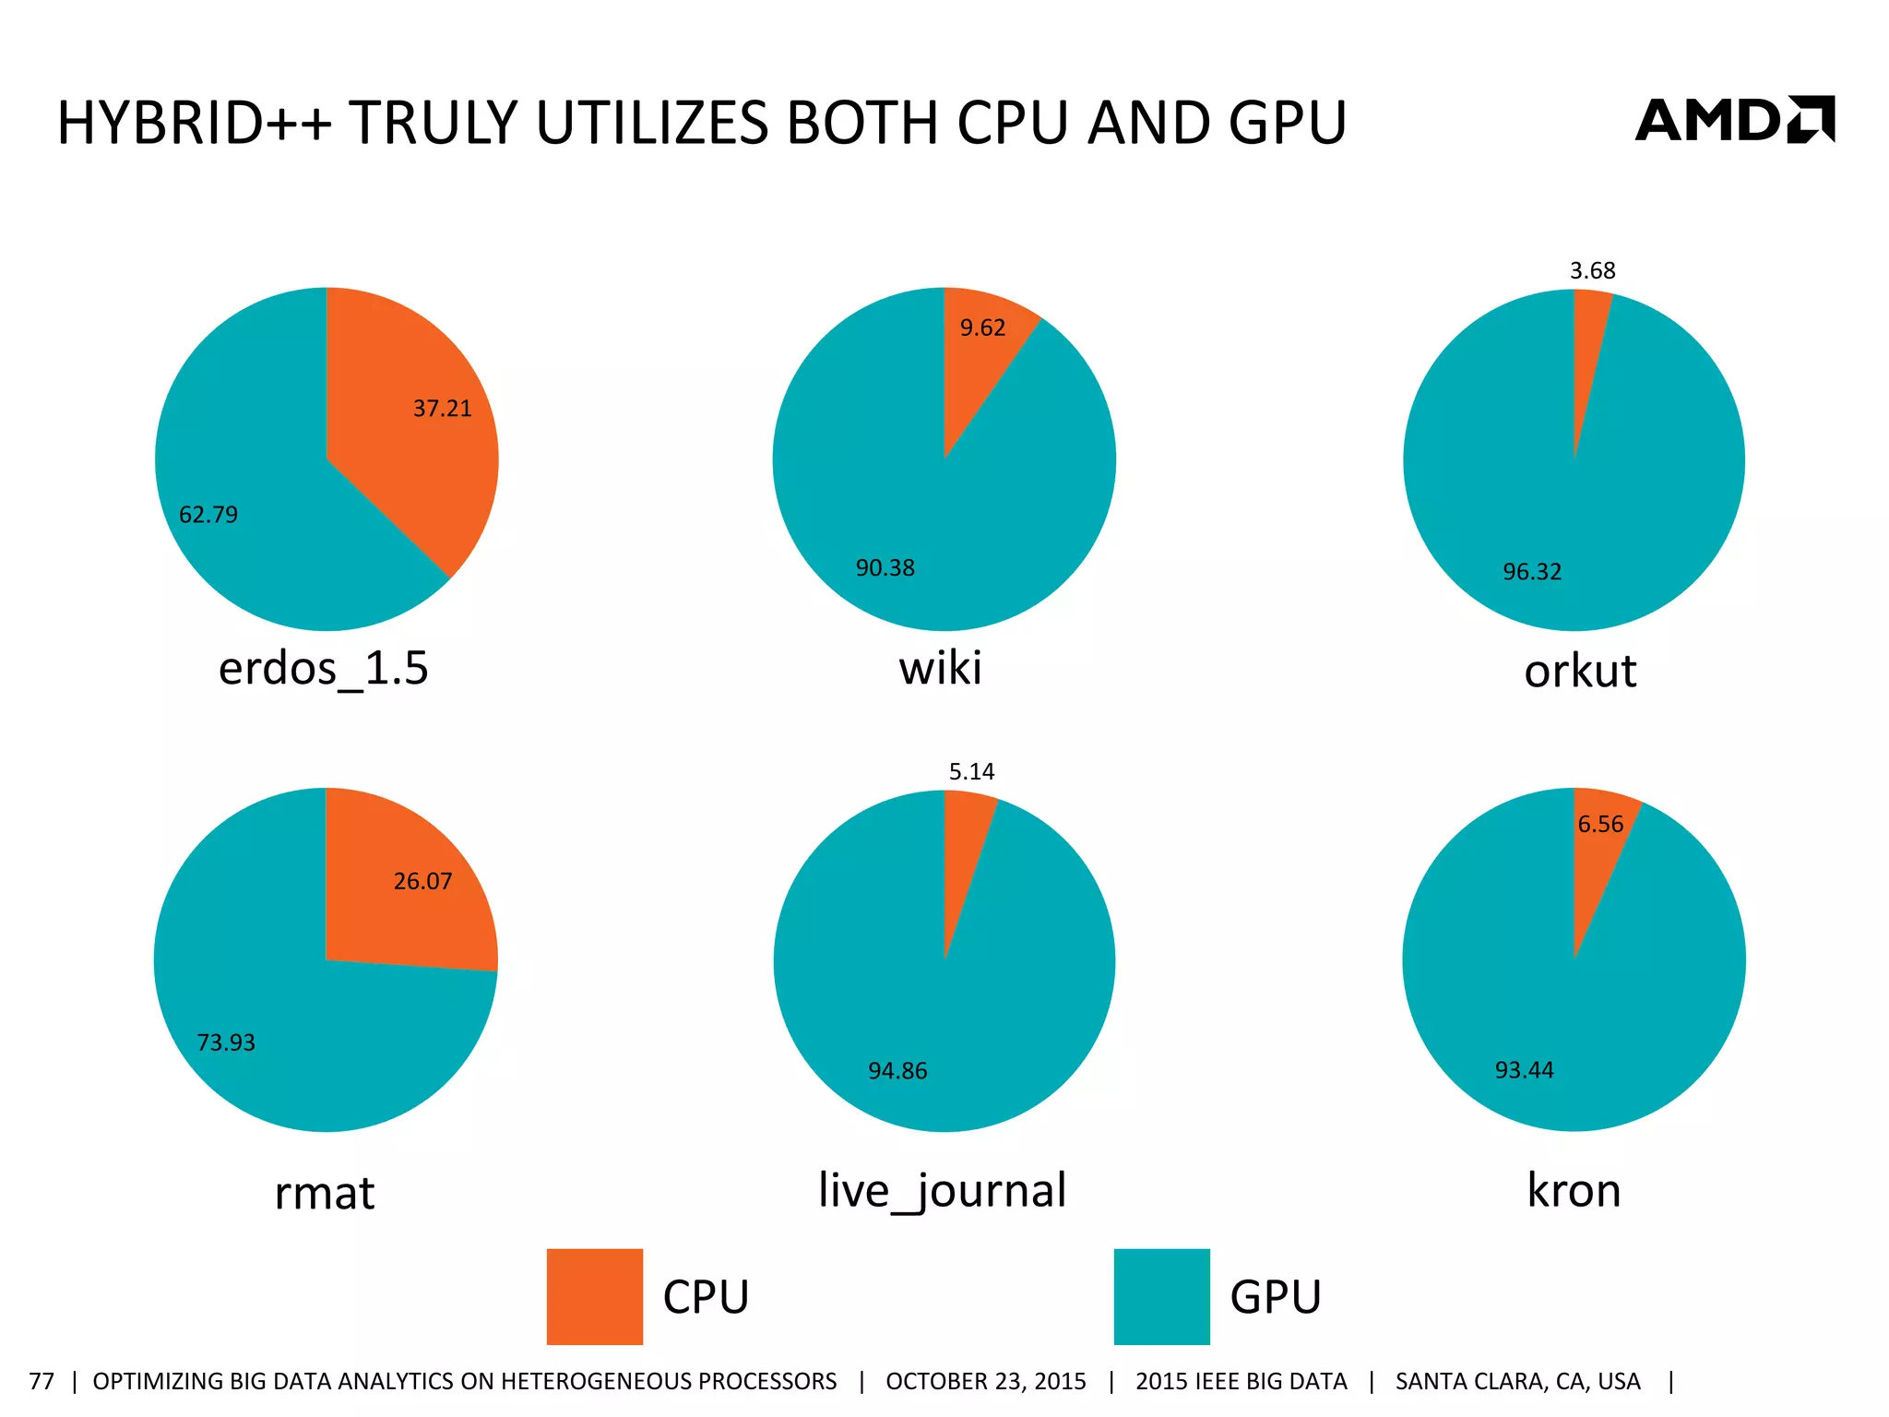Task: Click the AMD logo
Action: click(x=1734, y=120)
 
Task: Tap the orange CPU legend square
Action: click(x=594, y=1296)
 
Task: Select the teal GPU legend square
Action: click(x=1161, y=1296)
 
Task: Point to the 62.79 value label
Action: click(x=208, y=515)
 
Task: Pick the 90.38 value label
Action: click(x=885, y=568)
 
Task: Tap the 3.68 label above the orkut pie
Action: click(x=1593, y=271)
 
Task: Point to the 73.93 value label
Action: click(x=226, y=1042)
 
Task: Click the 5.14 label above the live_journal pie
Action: click(x=972, y=772)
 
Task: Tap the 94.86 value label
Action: click(x=897, y=1071)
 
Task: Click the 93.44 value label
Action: click(x=1524, y=1070)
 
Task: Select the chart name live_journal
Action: click(x=942, y=1190)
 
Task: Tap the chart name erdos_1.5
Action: click(x=324, y=668)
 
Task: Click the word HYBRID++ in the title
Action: click(x=194, y=123)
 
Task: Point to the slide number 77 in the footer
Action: click(x=42, y=1381)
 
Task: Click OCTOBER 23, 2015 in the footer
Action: click(x=986, y=1381)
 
